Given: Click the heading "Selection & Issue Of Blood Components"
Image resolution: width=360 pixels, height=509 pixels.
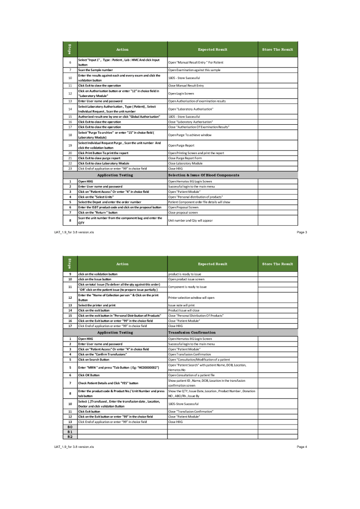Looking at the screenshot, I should (x=204, y=175).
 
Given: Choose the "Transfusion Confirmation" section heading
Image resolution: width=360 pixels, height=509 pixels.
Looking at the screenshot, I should (x=192, y=333).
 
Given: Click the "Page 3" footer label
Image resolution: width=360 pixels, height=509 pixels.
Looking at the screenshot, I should (x=302, y=232).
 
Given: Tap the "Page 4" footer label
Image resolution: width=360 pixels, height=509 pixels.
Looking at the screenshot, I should (x=302, y=447).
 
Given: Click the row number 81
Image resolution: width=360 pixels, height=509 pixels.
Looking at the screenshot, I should (x=70, y=432).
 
